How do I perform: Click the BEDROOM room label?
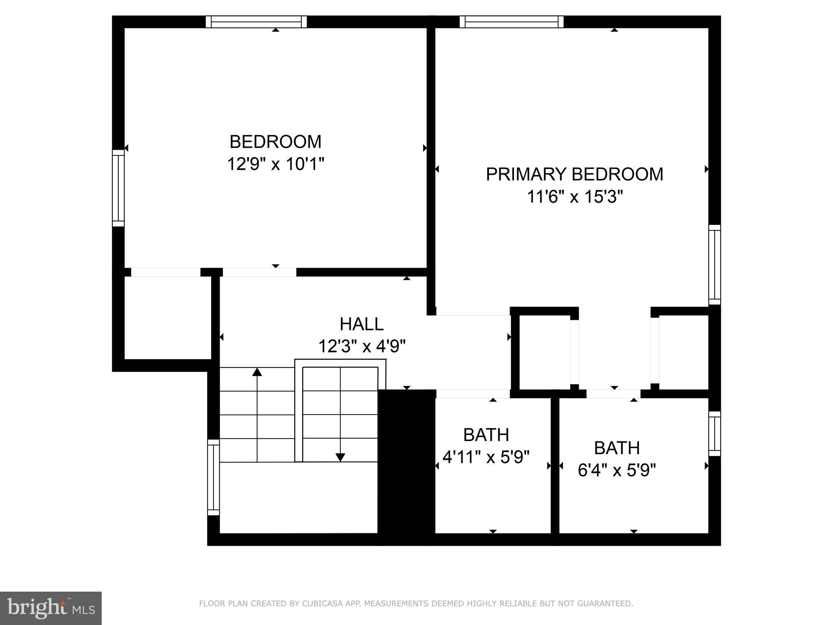click(275, 142)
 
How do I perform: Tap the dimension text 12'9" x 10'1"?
click(275, 165)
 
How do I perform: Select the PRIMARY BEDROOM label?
click(574, 174)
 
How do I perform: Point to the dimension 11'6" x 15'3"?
click(575, 197)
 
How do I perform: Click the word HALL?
click(361, 324)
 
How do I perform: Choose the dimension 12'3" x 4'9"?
click(362, 347)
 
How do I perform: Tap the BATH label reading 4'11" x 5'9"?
click(486, 435)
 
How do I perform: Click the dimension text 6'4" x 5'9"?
click(617, 471)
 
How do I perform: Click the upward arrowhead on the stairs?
click(257, 372)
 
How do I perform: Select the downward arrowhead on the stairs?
click(340, 457)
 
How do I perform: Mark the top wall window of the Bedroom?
click(256, 22)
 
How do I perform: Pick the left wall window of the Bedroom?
click(118, 188)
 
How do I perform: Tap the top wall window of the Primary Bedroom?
click(511, 22)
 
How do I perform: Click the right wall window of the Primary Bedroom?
click(715, 264)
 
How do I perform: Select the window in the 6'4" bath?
click(715, 433)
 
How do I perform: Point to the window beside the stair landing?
click(214, 477)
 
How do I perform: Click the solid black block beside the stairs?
click(406, 466)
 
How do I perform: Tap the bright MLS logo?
click(51, 608)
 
